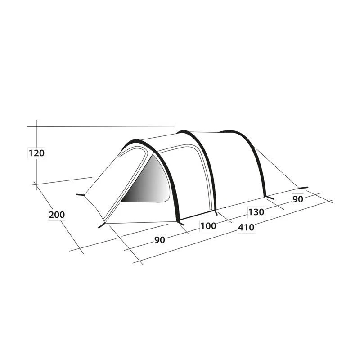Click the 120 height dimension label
click(36, 153)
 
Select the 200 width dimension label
click(57, 215)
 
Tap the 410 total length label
click(246, 227)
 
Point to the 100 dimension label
click(208, 226)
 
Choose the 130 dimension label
click(255, 211)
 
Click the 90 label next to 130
click(298, 199)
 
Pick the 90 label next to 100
click(159, 240)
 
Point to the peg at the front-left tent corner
click(80, 195)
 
